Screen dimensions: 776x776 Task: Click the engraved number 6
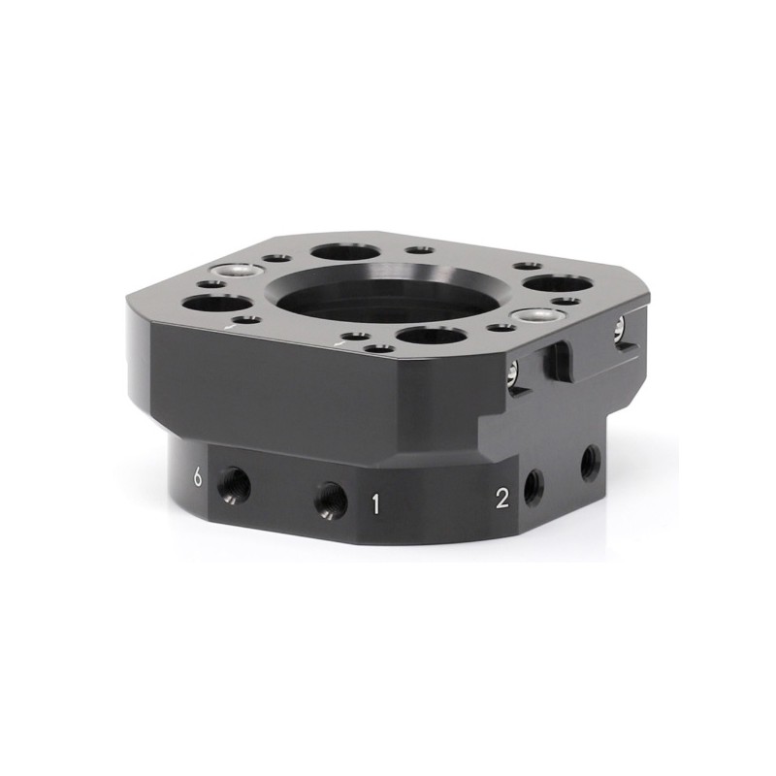pyautogui.click(x=198, y=478)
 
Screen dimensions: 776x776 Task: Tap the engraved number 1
pyautogui.click(x=375, y=504)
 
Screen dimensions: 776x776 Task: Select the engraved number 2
pyautogui.click(x=501, y=499)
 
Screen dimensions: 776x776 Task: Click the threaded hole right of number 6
pyautogui.click(x=234, y=487)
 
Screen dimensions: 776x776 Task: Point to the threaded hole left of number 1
pyautogui.click(x=331, y=500)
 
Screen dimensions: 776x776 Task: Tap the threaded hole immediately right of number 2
pyautogui.click(x=533, y=487)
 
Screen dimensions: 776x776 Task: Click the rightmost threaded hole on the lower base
pyautogui.click(x=591, y=463)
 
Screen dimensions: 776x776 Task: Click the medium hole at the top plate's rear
pyautogui.click(x=343, y=252)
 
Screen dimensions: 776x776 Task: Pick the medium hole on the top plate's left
pyautogui.click(x=217, y=304)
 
